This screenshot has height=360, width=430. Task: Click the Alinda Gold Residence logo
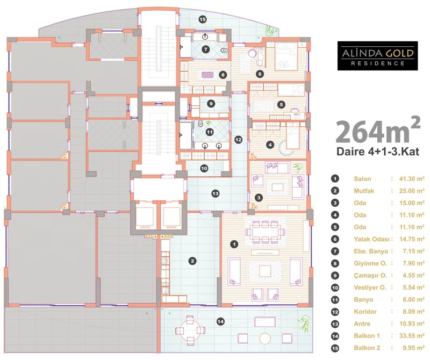pyautogui.click(x=378, y=56)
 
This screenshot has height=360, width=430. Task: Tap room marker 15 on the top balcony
pyautogui.click(x=203, y=19)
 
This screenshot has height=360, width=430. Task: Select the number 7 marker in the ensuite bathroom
pyautogui.click(x=205, y=49)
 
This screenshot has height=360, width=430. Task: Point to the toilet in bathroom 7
pyautogui.click(x=224, y=50)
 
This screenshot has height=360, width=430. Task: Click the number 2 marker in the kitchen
pyautogui.click(x=192, y=261)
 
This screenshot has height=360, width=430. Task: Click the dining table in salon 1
pyautogui.click(x=265, y=232)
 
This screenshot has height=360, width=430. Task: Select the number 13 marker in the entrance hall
pyautogui.click(x=216, y=193)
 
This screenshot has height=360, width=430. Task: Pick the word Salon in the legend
pyautogui.click(x=362, y=179)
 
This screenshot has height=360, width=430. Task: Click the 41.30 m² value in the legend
pyautogui.click(x=412, y=179)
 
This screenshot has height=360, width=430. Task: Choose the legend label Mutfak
pyautogui.click(x=364, y=191)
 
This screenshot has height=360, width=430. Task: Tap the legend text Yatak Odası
pyautogui.click(x=371, y=239)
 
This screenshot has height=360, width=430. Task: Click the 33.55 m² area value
pyautogui.click(x=412, y=336)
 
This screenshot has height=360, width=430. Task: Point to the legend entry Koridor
pyautogui.click(x=365, y=312)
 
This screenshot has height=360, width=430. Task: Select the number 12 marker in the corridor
pyautogui.click(x=238, y=140)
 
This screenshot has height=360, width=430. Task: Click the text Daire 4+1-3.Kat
pyautogui.click(x=378, y=152)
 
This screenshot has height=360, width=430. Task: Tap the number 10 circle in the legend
pyautogui.click(x=335, y=287)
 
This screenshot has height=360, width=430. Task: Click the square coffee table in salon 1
pyautogui.click(x=265, y=271)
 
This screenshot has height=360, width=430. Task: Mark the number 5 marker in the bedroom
pyautogui.click(x=281, y=104)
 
